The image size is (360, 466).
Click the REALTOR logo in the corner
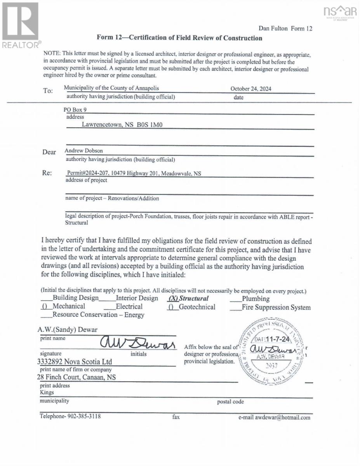click(x=21, y=24)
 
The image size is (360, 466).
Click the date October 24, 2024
click(x=251, y=89)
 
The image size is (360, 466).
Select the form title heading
click(x=179, y=38)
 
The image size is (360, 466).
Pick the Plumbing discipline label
click(x=256, y=299)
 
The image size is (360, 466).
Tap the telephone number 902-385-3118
click(x=70, y=417)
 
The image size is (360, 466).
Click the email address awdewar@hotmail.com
click(x=275, y=418)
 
